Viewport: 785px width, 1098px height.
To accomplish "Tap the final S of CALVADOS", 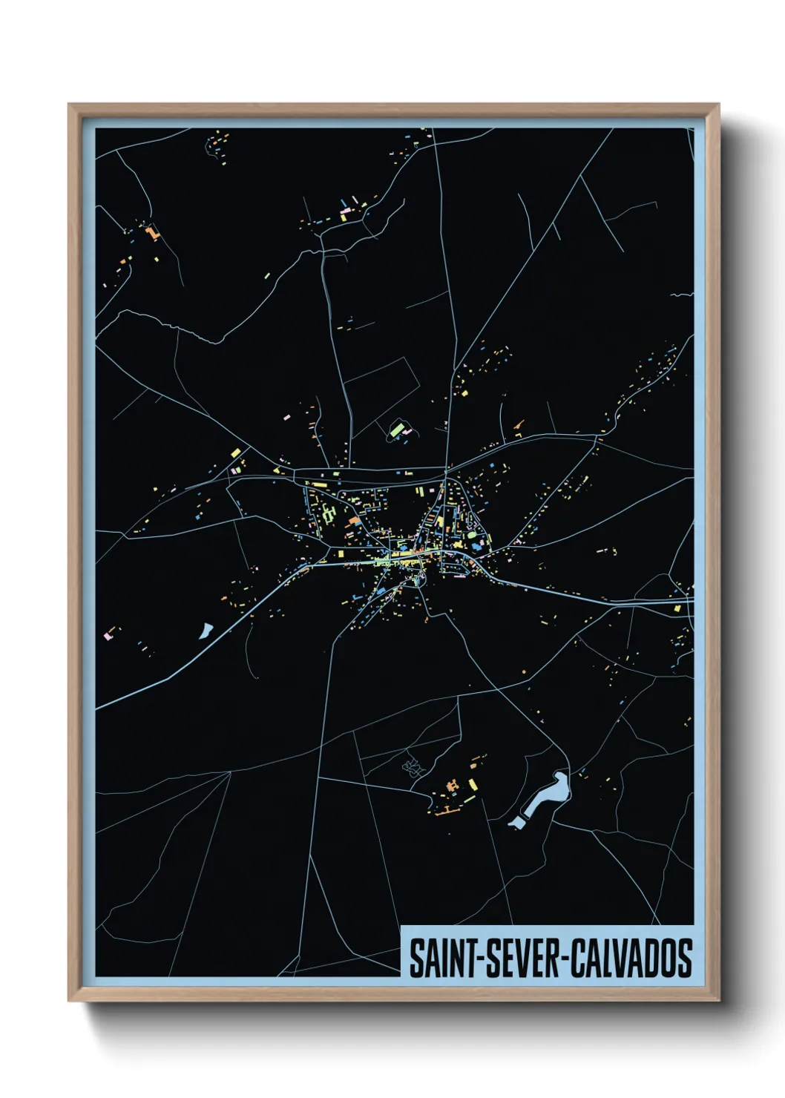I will point(685,958).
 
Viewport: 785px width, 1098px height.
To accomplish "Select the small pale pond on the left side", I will point(205,631).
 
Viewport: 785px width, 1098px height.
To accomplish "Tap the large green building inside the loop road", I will point(396,430).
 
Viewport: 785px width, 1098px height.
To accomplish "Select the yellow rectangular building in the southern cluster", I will point(473,784).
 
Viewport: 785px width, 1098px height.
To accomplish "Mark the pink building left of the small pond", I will point(108,636).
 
